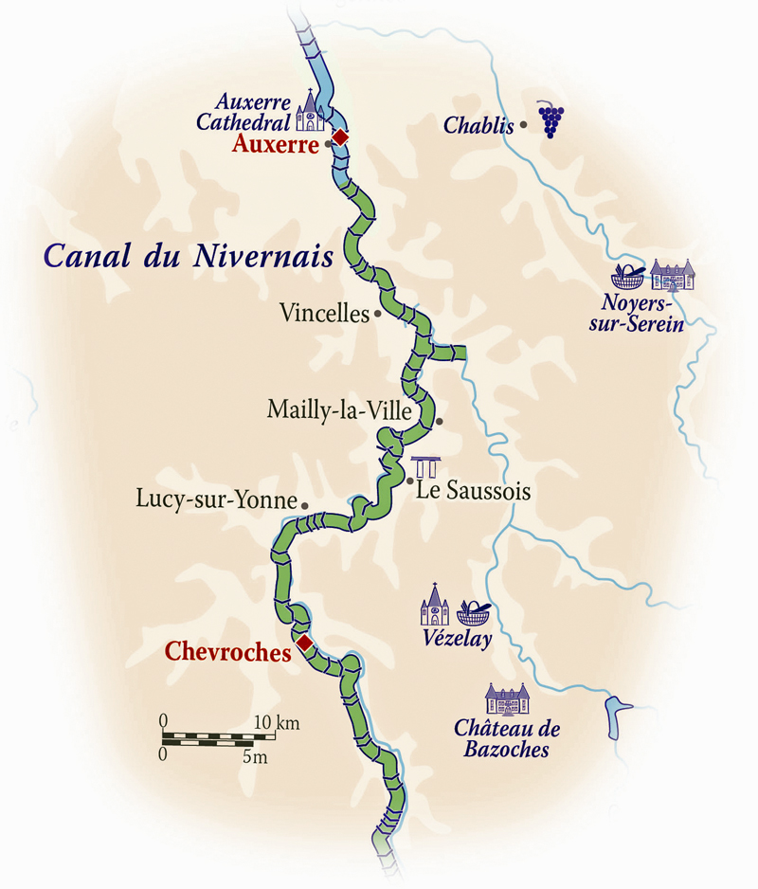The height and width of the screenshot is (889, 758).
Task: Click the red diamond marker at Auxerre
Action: coord(340,137)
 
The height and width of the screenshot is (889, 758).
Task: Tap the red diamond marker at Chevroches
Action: coord(304,644)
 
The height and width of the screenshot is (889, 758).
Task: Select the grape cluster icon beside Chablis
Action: coord(550,119)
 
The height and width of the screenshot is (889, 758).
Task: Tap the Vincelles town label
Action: coord(324,313)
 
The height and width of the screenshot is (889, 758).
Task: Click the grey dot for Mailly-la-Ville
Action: coord(439,421)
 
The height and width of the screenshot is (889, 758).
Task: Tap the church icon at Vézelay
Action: coord(434,605)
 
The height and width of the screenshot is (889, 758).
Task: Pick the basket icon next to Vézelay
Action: coord(473,613)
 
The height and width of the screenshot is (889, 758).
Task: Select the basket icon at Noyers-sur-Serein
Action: coord(627,277)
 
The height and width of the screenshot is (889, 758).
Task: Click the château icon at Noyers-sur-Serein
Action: coord(672,275)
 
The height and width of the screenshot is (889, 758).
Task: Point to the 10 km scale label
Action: coord(276,723)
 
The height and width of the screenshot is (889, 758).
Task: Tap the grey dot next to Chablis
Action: coord(523,124)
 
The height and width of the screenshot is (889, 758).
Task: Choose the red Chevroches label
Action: coord(226,651)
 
